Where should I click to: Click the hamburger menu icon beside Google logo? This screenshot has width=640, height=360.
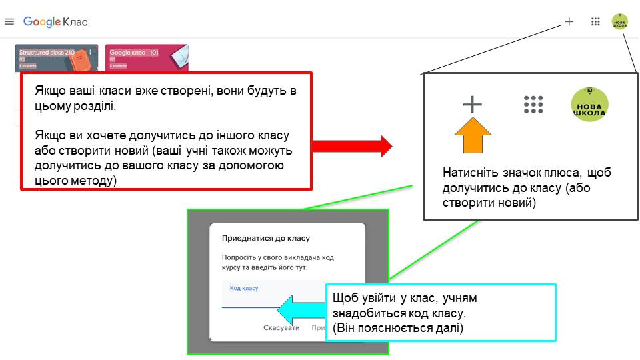(9, 22)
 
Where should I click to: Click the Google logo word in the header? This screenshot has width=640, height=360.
(42, 22)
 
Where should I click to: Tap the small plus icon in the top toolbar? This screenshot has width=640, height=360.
(569, 21)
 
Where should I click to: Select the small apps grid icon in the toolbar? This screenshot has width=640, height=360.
(595, 21)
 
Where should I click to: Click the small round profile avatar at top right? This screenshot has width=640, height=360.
(620, 21)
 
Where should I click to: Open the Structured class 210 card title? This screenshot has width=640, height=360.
(47, 52)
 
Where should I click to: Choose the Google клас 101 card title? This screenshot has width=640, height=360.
(133, 52)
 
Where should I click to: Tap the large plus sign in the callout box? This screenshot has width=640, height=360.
(472, 104)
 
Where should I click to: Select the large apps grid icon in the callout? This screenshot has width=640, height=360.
(533, 105)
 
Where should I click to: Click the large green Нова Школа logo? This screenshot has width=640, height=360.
(589, 105)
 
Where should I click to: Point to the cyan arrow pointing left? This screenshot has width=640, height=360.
(301, 309)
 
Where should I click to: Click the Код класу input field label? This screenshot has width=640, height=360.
(244, 288)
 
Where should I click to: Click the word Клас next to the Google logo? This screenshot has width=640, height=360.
(75, 22)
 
